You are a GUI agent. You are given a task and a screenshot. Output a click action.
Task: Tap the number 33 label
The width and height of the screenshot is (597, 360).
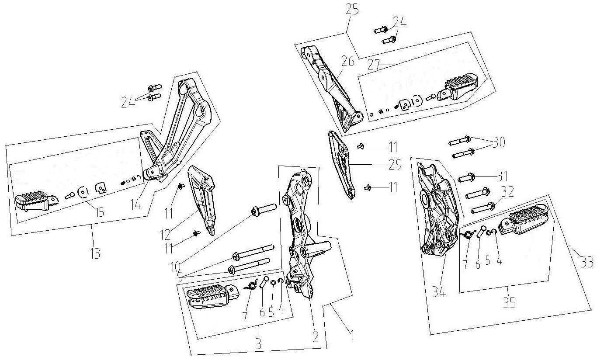(587, 263)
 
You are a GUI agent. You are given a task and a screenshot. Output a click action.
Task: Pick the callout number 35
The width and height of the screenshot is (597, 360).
(509, 303)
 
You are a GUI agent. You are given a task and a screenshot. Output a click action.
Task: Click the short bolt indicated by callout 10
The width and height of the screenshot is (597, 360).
(264, 208)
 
